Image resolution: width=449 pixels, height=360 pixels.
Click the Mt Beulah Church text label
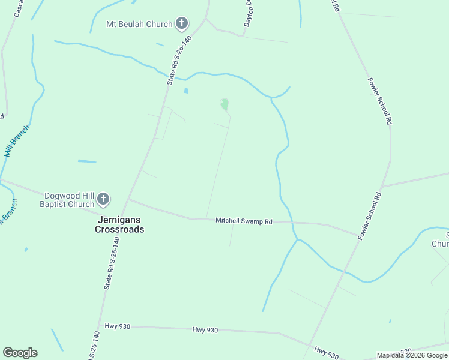click(x=139, y=25)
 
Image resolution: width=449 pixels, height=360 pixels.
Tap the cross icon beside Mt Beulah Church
click(x=182, y=25)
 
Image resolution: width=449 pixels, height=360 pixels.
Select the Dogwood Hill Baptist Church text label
click(x=67, y=200)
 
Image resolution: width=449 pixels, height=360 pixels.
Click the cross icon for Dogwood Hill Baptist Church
click(x=104, y=199)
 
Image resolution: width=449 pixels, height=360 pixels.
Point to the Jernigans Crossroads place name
click(x=121, y=224)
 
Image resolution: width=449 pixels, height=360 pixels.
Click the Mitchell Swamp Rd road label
click(x=244, y=221)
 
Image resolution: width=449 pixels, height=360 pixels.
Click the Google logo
click(x=20, y=353)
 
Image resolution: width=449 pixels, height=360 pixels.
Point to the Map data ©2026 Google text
click(x=412, y=355)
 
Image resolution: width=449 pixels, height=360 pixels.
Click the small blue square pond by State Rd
click(x=186, y=91)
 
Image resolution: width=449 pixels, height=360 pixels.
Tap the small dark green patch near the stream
click(x=224, y=104)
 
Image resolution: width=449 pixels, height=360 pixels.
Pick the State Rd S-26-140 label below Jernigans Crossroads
click(x=112, y=263)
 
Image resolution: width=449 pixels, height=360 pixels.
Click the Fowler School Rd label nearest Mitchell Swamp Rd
click(x=370, y=216)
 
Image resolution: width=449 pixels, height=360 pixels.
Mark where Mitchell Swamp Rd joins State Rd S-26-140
click(x=128, y=200)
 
